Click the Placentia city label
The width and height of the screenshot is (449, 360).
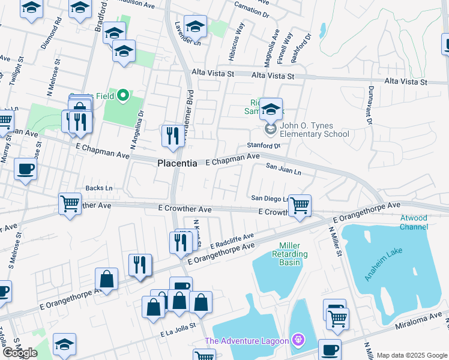(178, 163)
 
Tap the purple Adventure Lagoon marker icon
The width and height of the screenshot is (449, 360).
(296, 341)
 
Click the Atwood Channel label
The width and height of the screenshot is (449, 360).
(414, 222)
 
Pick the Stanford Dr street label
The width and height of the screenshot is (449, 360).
(264, 146)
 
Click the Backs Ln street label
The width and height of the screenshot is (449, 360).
(99, 188)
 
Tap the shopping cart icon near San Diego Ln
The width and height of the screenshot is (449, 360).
(300, 205)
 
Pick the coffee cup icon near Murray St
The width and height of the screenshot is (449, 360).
(25, 169)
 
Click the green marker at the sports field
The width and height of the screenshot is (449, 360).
(123, 95)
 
